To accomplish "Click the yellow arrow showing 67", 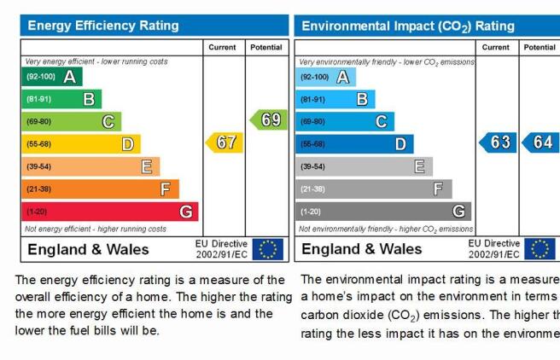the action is pos(225,142).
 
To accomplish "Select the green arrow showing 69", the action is pos(269,120).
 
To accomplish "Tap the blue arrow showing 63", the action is pos(498,142).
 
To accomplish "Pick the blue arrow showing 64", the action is pos(540,142).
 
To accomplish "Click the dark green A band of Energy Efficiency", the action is pos(52,77).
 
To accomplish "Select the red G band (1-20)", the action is pos(110,212).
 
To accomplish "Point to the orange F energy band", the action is pos(101,189).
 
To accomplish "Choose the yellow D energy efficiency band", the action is pos(81,144).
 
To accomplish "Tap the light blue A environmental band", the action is pos(326,77).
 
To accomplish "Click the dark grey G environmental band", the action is pos(383,212).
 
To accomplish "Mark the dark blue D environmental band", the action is pos(354,144).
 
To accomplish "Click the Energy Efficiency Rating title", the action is pos(103,26).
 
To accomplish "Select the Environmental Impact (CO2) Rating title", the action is pos(408,26).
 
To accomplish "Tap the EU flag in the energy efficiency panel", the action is pos(268,249).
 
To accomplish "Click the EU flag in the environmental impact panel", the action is pos(540,249).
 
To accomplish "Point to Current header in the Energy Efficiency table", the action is pos(222,48).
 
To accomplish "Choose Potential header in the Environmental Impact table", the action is pos(540,48).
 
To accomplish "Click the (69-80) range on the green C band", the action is pos(39,122).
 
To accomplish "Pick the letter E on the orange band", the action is pos(147,166).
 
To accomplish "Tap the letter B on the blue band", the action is pos(362,99).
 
